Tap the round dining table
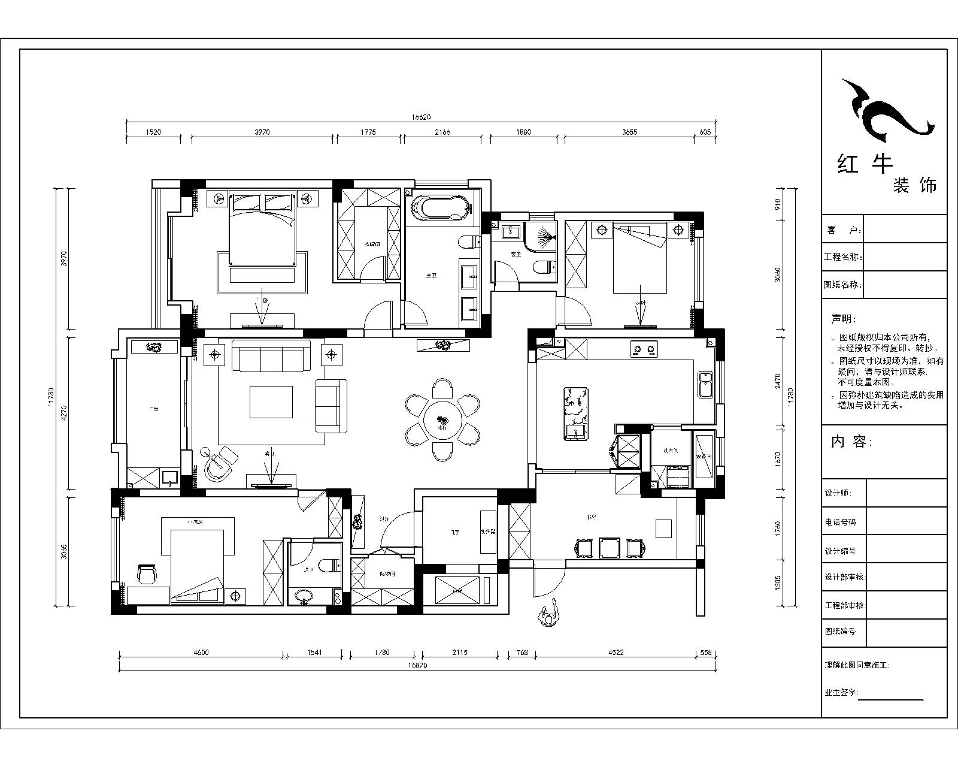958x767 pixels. click(442, 419)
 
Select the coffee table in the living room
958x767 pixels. click(271, 401)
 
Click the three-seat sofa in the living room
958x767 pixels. click(271, 355)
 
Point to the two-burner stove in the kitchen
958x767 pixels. click(644, 349)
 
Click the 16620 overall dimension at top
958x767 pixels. click(422, 117)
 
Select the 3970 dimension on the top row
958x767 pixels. click(262, 132)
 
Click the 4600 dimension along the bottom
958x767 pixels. click(201, 653)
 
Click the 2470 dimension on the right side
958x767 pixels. click(778, 381)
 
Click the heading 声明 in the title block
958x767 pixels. click(843, 319)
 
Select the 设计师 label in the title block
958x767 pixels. click(836, 494)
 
